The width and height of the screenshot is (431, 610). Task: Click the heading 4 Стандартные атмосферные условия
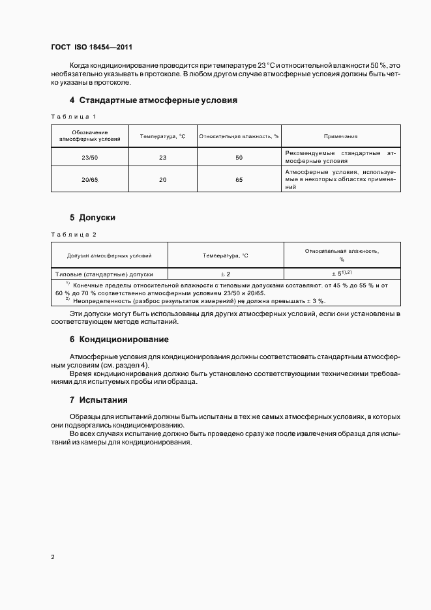(x=153, y=100)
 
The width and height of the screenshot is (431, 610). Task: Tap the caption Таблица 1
(x=74, y=117)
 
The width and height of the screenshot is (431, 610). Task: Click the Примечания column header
(x=340, y=136)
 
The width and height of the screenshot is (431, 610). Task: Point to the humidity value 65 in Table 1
(x=239, y=179)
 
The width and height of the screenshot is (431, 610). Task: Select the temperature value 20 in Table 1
(x=162, y=179)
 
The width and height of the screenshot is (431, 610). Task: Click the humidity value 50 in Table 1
(x=239, y=158)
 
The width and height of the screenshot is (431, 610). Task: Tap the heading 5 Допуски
(x=92, y=218)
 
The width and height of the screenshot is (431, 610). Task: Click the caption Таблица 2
(x=74, y=233)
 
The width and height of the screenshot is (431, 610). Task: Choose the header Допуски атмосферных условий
(x=109, y=255)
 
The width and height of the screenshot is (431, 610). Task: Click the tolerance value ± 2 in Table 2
(x=226, y=274)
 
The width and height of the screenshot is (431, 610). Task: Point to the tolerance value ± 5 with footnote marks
(x=342, y=274)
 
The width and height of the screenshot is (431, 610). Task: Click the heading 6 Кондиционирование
(x=119, y=340)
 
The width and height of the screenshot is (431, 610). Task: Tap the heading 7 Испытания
(x=98, y=399)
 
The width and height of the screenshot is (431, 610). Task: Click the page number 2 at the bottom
(x=53, y=557)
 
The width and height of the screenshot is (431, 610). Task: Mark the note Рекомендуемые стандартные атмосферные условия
(x=340, y=156)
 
